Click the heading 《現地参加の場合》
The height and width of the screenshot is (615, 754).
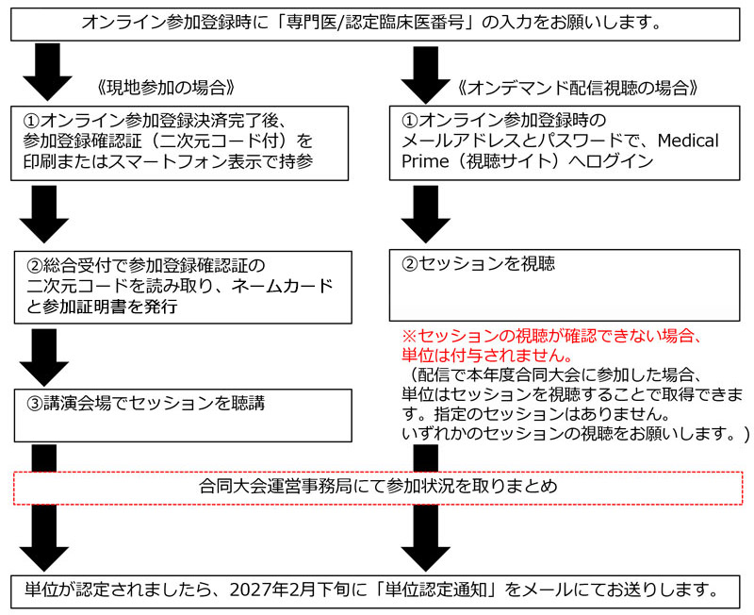tap(166, 88)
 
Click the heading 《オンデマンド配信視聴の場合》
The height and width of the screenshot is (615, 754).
tap(578, 88)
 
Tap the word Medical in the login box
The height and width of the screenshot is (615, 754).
tap(688, 141)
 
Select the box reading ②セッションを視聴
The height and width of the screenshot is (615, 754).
tap(565, 286)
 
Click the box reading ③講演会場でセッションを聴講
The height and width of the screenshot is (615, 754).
tap(183, 415)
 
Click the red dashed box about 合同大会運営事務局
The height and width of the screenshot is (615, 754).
tap(378, 488)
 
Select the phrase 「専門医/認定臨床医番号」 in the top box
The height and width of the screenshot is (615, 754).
tap(376, 23)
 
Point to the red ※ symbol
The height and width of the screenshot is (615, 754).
tap(409, 336)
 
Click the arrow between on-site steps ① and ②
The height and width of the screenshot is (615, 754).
tap(44, 214)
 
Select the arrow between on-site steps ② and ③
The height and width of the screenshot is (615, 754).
tap(44, 357)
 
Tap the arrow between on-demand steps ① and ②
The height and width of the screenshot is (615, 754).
tap(426, 214)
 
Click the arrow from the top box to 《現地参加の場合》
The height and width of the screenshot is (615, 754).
tap(47, 72)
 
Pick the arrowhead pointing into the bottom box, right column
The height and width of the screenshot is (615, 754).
tap(426, 558)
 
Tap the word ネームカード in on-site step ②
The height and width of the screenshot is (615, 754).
tap(282, 286)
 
